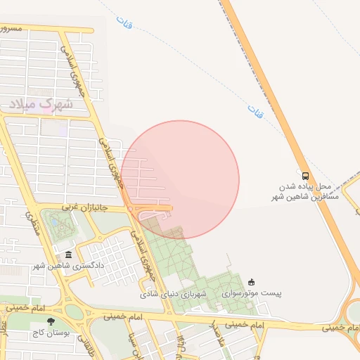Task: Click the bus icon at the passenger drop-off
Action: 305,176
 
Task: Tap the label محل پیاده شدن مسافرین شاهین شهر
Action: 309,192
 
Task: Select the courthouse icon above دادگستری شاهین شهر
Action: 68,255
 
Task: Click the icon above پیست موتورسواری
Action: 252,281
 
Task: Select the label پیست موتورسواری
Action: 251,292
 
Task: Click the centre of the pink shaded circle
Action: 180,179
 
